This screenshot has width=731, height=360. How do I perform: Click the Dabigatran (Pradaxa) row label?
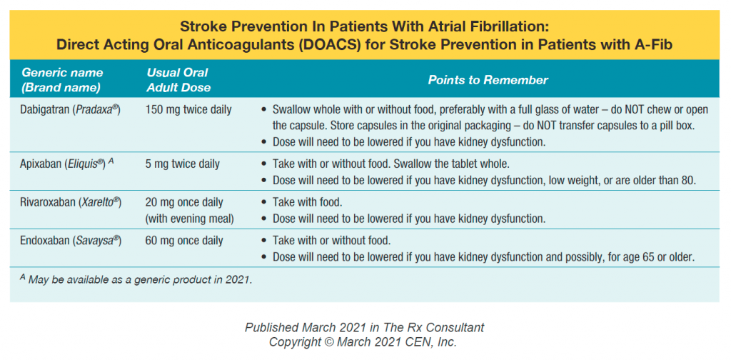tap(71, 110)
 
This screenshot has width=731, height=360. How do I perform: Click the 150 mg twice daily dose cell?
tap(187, 110)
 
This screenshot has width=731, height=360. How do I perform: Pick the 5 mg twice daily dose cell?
tap(183, 164)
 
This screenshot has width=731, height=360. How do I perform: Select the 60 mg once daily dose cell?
tap(184, 241)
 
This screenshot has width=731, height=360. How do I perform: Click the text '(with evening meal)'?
tap(191, 217)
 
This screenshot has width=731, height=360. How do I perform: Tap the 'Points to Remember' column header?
tap(488, 80)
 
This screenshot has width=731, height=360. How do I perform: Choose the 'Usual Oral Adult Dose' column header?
tap(178, 80)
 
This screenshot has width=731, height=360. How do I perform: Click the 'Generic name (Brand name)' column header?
tap(62, 80)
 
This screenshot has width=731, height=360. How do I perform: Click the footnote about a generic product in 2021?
tap(136, 279)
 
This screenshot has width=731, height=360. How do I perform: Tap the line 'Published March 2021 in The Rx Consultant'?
tap(364, 327)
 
